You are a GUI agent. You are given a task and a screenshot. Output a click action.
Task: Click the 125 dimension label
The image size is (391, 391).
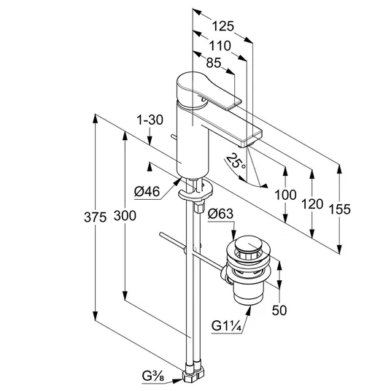[223, 26]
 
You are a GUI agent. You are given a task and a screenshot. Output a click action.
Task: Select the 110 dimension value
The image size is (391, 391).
[220, 46]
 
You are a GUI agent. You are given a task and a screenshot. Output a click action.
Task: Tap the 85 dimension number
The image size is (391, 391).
[214, 63]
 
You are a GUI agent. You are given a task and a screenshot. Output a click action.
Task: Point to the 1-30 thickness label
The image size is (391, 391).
[150, 120]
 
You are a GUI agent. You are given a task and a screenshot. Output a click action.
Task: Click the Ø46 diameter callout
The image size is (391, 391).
[147, 192]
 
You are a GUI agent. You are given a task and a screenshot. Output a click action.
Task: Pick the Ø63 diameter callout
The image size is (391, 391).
[221, 214]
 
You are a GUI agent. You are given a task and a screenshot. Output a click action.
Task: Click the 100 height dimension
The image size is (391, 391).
[285, 195]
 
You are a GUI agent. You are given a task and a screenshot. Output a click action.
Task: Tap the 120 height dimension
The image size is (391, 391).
[312, 204]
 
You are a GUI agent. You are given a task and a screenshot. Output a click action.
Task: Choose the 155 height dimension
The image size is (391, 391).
[340, 209]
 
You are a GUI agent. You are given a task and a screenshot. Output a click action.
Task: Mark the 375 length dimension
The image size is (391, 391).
[96, 217]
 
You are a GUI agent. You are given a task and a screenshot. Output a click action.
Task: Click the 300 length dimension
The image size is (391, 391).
[125, 216]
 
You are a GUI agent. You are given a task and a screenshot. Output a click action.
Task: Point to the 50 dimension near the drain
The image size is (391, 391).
[279, 311]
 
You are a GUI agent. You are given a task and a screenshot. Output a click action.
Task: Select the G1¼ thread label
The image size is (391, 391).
[227, 326]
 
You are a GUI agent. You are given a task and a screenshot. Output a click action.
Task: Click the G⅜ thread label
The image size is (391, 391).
[153, 376]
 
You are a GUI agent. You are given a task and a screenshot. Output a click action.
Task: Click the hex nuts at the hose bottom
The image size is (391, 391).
[193, 373]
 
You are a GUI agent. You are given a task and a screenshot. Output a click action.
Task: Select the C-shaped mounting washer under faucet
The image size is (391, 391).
[195, 193]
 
